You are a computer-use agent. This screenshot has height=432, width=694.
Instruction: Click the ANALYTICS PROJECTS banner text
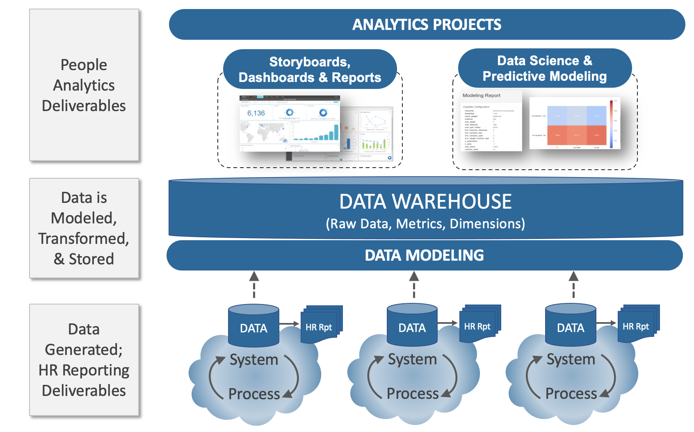pos(427,25)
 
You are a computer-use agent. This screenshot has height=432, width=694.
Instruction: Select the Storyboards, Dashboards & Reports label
pos(310,70)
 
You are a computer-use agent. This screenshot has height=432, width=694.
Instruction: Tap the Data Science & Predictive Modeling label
pos(544,68)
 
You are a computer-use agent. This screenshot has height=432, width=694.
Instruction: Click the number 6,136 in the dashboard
pos(256,113)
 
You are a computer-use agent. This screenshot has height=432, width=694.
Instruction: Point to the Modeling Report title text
pos(482,95)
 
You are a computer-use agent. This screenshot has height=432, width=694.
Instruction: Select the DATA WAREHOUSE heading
pos(425,202)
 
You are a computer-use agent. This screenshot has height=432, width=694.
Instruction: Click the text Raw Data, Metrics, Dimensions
pos(425,224)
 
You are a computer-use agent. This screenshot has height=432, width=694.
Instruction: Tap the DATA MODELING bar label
pos(425,255)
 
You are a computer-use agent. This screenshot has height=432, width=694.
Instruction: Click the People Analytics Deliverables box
pos(84,85)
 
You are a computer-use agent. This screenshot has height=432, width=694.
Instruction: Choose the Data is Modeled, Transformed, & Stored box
pos(84,228)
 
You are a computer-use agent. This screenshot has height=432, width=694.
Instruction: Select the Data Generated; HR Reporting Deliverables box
pos(84,360)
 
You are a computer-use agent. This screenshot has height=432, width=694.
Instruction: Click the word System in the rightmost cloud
pos(571,359)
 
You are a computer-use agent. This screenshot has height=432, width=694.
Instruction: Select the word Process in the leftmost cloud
pos(254,394)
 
